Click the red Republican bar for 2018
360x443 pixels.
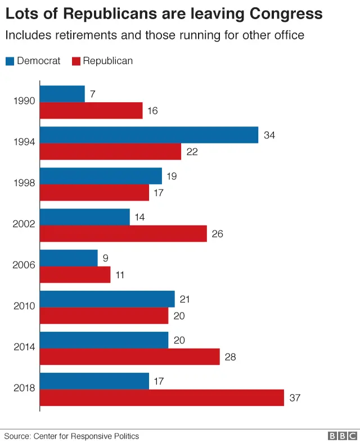click(x=162, y=397)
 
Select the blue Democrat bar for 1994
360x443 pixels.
click(x=149, y=135)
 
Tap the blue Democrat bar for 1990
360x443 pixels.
click(x=62, y=94)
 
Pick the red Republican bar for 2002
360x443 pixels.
click(x=123, y=233)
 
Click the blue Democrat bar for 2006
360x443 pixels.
click(x=69, y=258)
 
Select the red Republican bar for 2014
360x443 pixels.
click(x=129, y=356)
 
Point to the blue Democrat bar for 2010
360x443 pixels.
click(x=107, y=299)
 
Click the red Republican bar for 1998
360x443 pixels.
click(x=94, y=192)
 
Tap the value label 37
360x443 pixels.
click(x=295, y=398)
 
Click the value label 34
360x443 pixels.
click(x=269, y=135)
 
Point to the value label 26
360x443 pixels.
click(x=218, y=234)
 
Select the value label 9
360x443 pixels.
click(x=105, y=259)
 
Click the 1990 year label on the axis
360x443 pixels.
click(x=24, y=102)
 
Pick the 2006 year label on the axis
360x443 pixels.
click(x=24, y=265)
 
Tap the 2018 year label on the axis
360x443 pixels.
click(x=24, y=388)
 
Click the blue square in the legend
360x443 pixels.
click(x=10, y=61)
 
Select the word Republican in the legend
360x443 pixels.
click(x=108, y=61)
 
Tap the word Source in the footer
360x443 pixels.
click(x=17, y=436)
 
